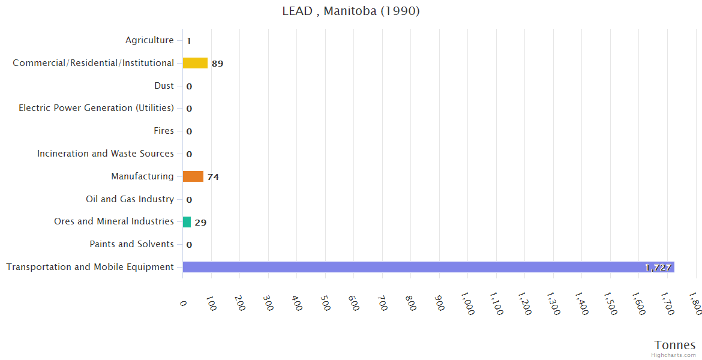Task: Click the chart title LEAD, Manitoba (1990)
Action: point(351,11)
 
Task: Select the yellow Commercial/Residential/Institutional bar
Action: point(195,63)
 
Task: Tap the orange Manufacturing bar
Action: point(193,176)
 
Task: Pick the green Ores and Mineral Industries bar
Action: point(187,222)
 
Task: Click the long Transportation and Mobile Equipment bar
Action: point(428,267)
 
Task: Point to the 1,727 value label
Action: point(658,268)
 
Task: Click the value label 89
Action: point(217,64)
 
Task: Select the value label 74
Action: point(213,177)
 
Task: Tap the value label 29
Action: point(200,223)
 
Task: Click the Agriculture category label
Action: point(149,40)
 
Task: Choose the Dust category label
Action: point(164,86)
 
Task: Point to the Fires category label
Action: point(164,131)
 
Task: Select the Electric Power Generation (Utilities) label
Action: point(96,108)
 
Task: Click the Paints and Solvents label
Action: point(131,244)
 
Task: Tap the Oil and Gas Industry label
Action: point(130,199)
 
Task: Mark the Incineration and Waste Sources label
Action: point(106,154)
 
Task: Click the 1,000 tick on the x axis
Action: point(467,304)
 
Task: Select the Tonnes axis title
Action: point(675,345)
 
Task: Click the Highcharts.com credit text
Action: point(674,355)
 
